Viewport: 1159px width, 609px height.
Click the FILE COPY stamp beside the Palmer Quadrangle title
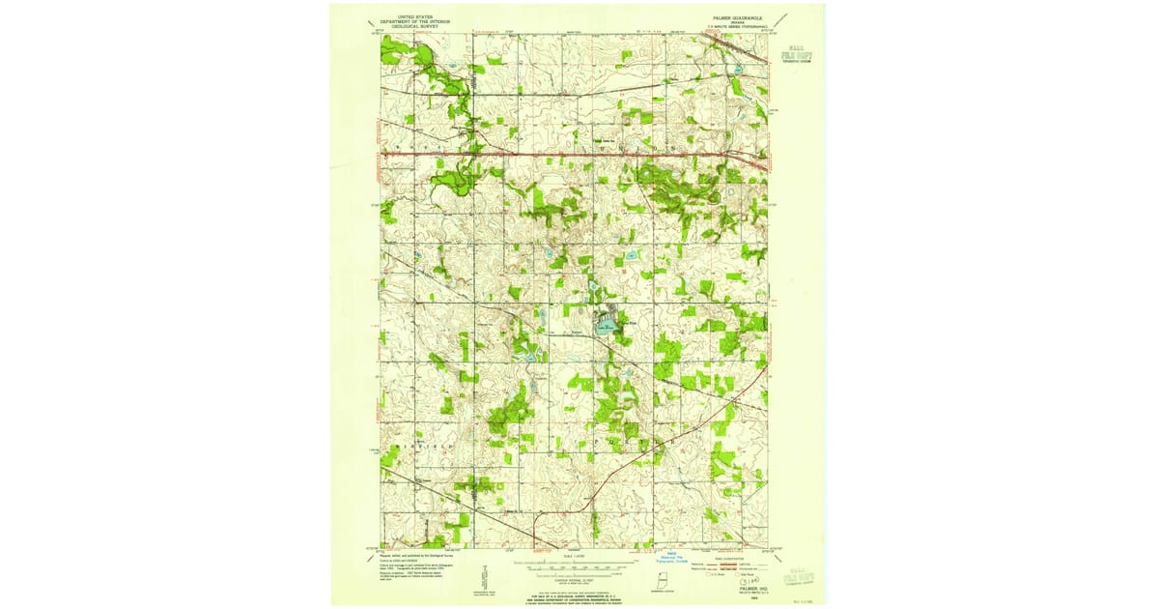click(x=797, y=55)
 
